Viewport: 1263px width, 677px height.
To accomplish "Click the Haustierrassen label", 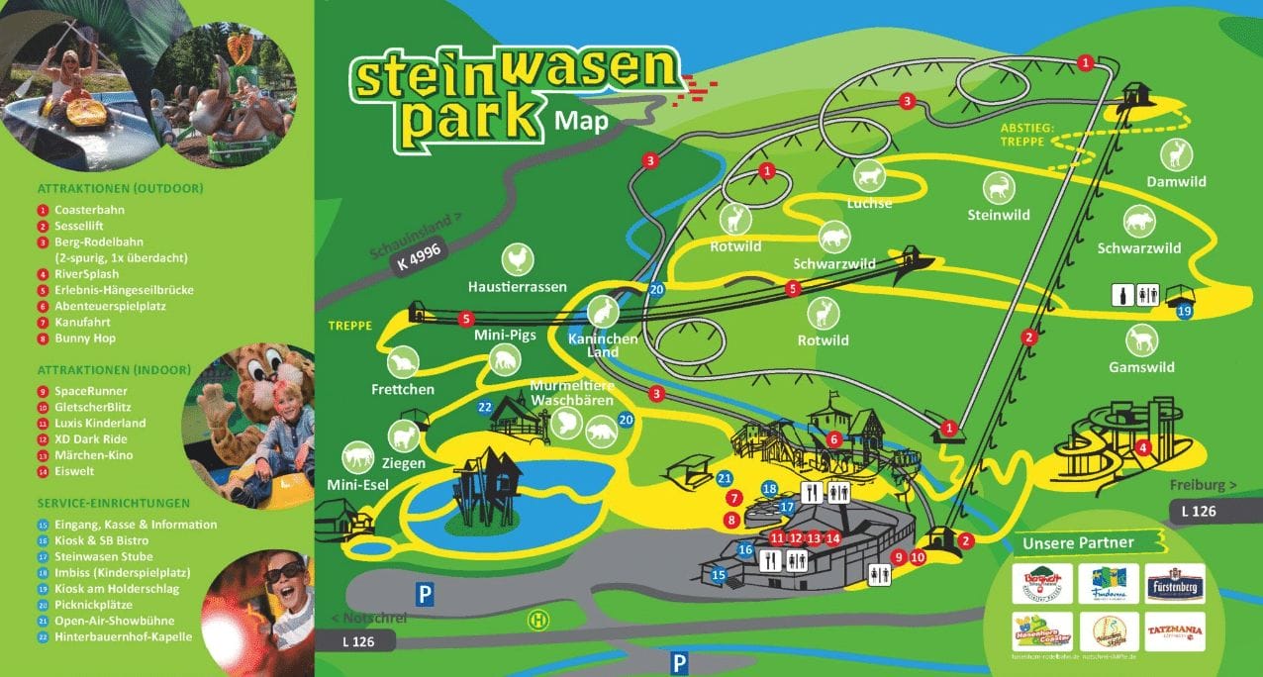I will pos(517,287).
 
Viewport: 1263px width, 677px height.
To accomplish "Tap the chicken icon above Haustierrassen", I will pos(517,260).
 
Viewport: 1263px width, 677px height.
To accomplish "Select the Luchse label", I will pos(869,203).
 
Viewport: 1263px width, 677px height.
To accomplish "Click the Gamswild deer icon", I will pos(1142,340).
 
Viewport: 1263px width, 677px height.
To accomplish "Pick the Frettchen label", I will pos(404,389).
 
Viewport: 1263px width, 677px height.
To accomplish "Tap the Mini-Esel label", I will pos(354,485).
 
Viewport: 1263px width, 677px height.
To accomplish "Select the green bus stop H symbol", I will pos(538,621).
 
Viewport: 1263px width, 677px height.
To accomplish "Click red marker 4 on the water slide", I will pos(1142,447).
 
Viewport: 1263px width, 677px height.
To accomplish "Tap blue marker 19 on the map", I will pos(1184,312).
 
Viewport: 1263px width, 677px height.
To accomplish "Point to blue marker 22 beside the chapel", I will pos(485,407).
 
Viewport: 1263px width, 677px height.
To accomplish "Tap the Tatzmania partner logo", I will pos(1175,630).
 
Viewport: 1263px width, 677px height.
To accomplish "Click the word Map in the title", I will pos(581,121).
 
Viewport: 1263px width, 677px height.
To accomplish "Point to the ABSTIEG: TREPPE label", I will pos(1028,135).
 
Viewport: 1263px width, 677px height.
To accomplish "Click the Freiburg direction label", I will pos(1203,485).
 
